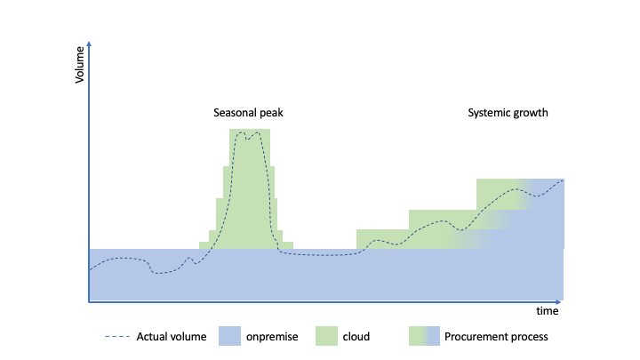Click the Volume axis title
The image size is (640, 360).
coord(79,65)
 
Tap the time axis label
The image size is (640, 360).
coord(547,311)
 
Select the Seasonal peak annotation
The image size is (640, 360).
coord(248,113)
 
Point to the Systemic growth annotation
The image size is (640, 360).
coord(508,113)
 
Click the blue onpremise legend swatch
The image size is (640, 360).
coord(229,336)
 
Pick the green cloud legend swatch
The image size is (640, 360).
coord(326,336)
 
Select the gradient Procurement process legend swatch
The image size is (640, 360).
coord(424,336)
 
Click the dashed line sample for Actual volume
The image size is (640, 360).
coord(117,336)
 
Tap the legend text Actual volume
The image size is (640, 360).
coord(172,337)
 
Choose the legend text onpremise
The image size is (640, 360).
coord(272,337)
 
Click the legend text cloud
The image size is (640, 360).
coord(356,337)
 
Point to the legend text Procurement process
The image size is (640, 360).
coord(496,337)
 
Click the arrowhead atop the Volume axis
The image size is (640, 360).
coord(89,44)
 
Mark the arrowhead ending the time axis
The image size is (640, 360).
coord(559,302)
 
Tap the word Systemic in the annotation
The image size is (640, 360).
coord(487,113)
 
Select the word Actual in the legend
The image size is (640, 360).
coord(149,337)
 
